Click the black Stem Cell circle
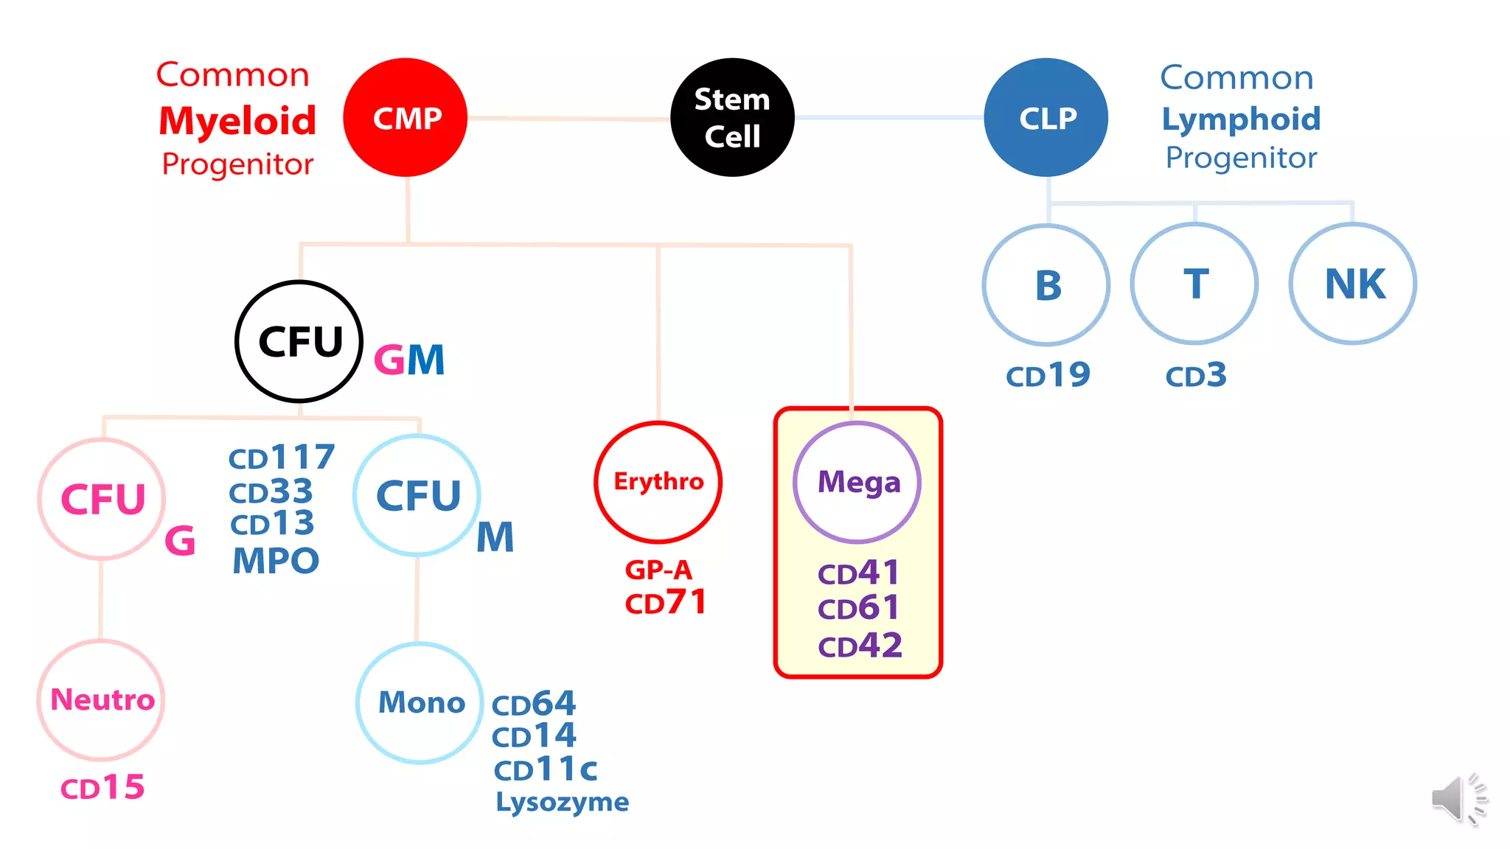[732, 118]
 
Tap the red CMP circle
[406, 118]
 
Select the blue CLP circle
[1046, 118]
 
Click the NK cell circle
[1353, 284]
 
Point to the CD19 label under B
[1048, 376]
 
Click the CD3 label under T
[1195, 376]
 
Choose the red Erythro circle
[658, 482]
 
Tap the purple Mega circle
[857, 483]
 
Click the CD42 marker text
[860, 646]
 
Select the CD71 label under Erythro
[666, 603]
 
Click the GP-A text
[658, 570]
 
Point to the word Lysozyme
[562, 802]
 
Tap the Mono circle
[420, 702]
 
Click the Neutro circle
[102, 700]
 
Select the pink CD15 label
[102, 788]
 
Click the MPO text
[276, 561]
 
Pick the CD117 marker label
[282, 458]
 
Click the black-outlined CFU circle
[299, 341]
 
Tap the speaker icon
[1457, 799]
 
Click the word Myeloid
[237, 120]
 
